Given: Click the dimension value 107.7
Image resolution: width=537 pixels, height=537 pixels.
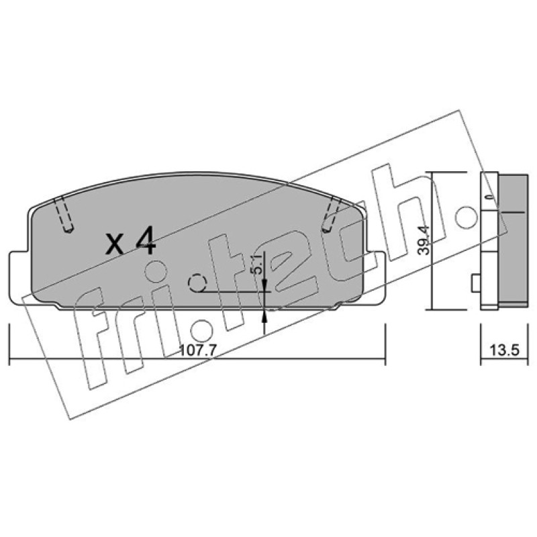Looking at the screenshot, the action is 198,350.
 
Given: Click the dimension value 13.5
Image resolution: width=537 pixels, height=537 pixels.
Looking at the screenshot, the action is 504,350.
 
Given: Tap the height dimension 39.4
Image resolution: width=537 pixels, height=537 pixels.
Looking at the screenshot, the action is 424,240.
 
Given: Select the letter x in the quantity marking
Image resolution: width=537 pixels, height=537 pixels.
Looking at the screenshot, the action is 115,244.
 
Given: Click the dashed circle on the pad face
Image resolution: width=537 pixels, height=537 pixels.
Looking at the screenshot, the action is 197,283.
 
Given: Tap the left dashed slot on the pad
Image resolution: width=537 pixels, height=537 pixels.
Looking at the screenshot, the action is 64,215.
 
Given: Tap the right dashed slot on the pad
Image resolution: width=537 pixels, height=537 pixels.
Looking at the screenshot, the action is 330,215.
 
